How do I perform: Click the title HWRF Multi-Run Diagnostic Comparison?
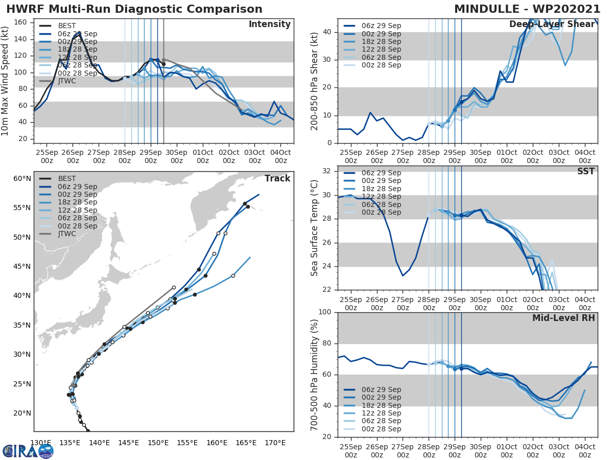134,9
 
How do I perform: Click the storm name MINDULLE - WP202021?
527,9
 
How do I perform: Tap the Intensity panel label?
269,25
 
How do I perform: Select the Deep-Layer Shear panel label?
552,25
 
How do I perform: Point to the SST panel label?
586,171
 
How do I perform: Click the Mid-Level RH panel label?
563,318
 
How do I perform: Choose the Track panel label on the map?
277,178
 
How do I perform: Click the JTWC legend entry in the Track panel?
67,234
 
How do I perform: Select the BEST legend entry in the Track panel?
67,179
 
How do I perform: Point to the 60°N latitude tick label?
22,178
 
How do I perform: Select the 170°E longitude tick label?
275,443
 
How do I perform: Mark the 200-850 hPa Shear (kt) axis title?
315,81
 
